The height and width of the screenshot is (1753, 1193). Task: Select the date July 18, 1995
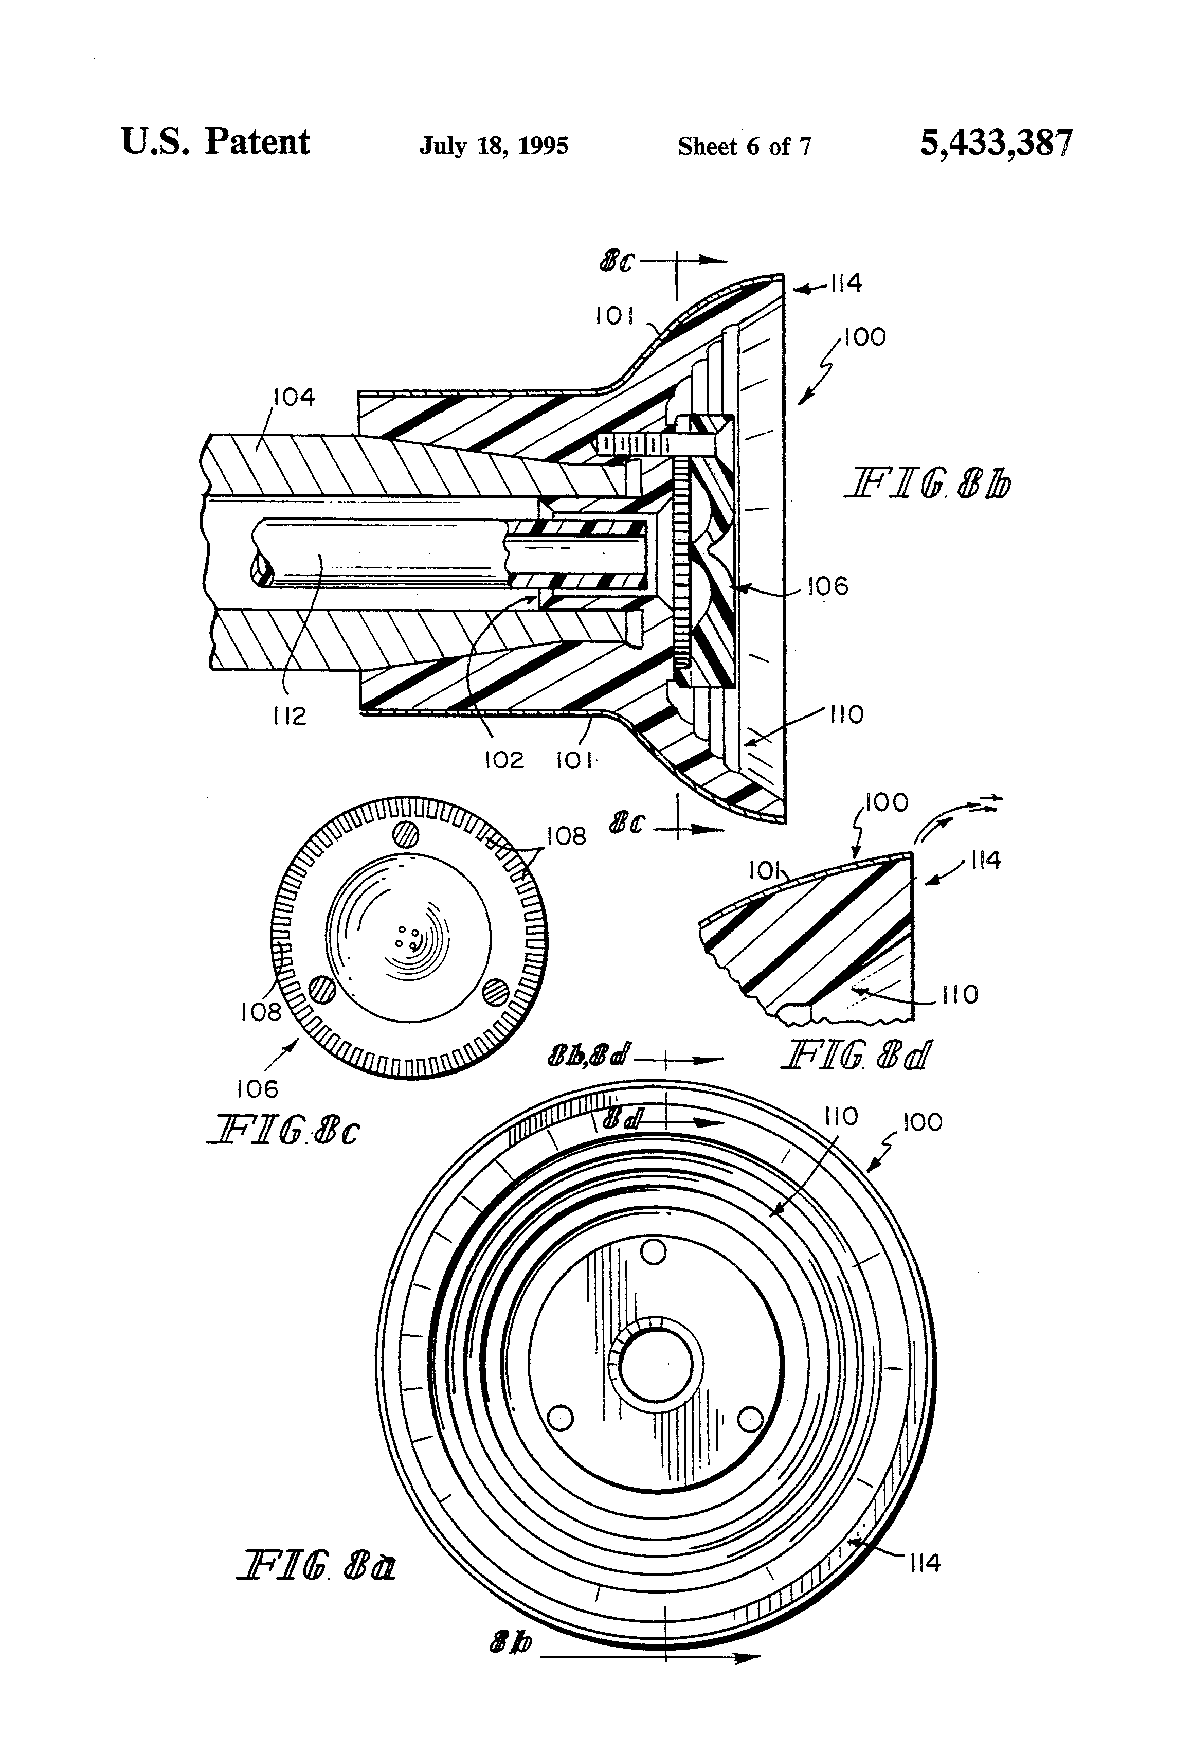pos(494,146)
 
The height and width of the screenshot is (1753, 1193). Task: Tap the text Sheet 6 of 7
pos(744,146)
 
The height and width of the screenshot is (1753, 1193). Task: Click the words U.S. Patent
pos(215,142)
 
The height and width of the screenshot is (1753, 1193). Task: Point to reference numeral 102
pos(504,760)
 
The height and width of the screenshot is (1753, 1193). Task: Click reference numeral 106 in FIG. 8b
pos(827,586)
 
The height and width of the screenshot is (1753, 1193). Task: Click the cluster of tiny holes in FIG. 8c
pos(408,938)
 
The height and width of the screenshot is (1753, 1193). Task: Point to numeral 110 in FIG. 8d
pos(959,994)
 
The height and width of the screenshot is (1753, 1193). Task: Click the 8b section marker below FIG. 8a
pos(511,1663)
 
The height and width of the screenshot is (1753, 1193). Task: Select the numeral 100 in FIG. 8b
pos(865,336)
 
